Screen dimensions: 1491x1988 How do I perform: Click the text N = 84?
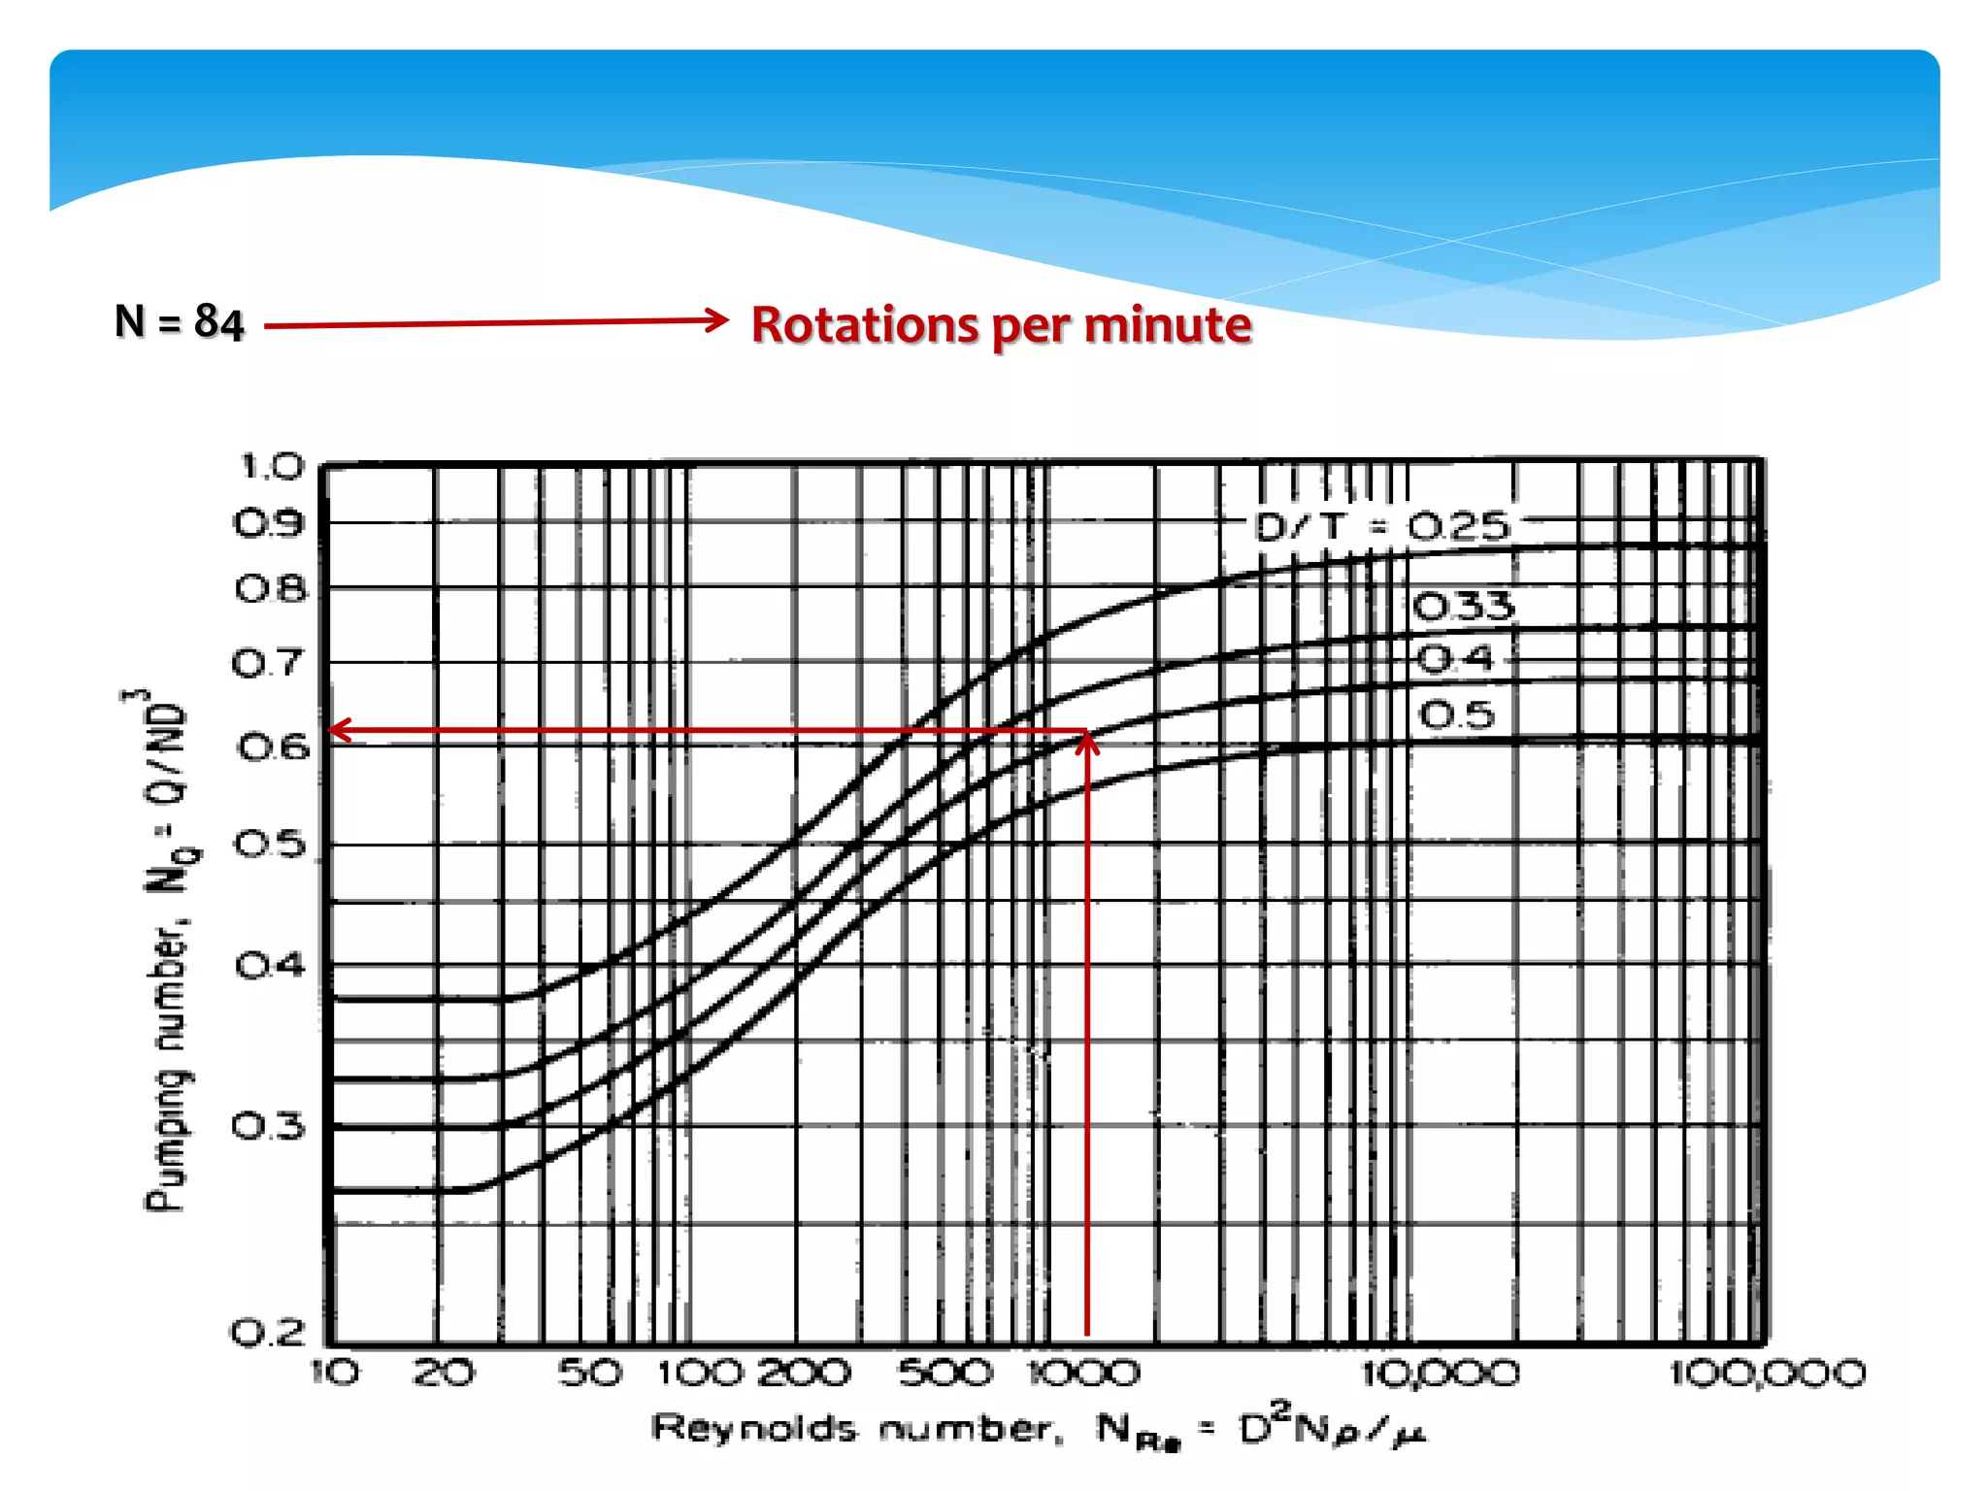coord(179,321)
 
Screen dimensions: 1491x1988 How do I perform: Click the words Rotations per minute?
coord(1001,325)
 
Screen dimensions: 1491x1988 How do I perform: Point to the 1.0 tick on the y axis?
coord(272,467)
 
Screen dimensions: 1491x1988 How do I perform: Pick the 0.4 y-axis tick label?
coord(271,966)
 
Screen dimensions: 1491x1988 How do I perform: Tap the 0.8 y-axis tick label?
coord(271,589)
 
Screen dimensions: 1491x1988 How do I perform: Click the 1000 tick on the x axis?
coord(1084,1374)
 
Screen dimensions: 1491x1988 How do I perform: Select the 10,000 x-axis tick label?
coord(1441,1374)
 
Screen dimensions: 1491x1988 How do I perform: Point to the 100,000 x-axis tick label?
coord(1768,1374)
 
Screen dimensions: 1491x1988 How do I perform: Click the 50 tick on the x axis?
coord(590,1374)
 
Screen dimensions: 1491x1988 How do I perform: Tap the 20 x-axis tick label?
coord(444,1374)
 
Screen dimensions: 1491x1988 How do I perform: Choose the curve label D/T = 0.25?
coord(1382,527)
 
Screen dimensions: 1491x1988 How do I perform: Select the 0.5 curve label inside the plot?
coord(1457,715)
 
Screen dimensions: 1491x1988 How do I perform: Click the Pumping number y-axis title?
coord(166,951)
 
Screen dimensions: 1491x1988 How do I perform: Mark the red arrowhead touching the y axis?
coord(340,730)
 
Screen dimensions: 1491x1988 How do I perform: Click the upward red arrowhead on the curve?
coord(1087,743)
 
